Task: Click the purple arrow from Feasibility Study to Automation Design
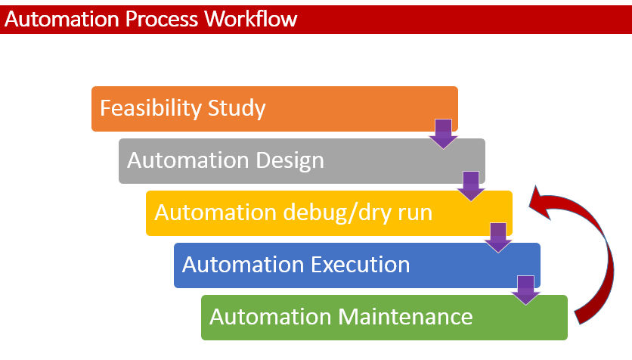443,133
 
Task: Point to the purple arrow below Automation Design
471,185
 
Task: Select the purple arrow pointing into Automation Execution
498,237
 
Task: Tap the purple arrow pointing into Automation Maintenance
526,290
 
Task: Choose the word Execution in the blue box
360,265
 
